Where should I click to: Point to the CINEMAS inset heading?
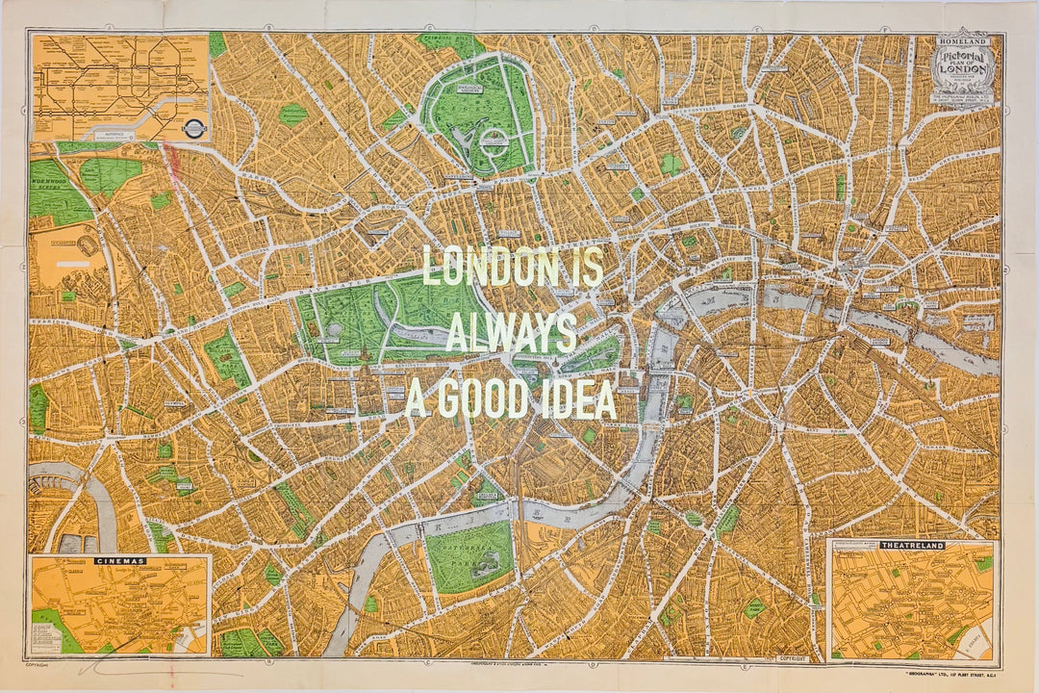click(x=120, y=560)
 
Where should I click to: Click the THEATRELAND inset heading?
click(x=912, y=546)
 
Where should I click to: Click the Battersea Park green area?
click(x=469, y=556)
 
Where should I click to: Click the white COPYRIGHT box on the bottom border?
click(x=799, y=659)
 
